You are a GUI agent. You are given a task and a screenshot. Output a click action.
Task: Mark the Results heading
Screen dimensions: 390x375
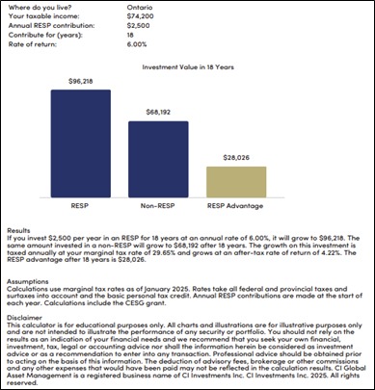(x=19, y=231)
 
